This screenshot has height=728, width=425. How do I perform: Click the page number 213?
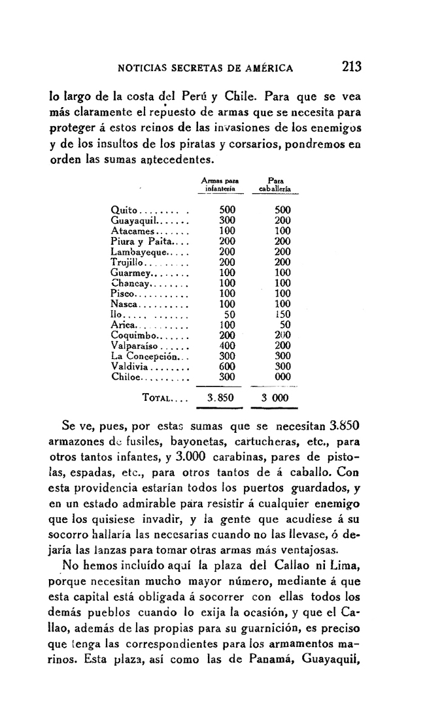[351, 67]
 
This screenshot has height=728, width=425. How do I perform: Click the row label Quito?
[124, 210]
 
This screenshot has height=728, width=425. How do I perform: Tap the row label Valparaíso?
[135, 345]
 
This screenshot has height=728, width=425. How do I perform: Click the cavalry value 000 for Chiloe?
[282, 377]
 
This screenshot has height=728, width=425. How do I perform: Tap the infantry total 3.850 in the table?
[221, 398]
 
